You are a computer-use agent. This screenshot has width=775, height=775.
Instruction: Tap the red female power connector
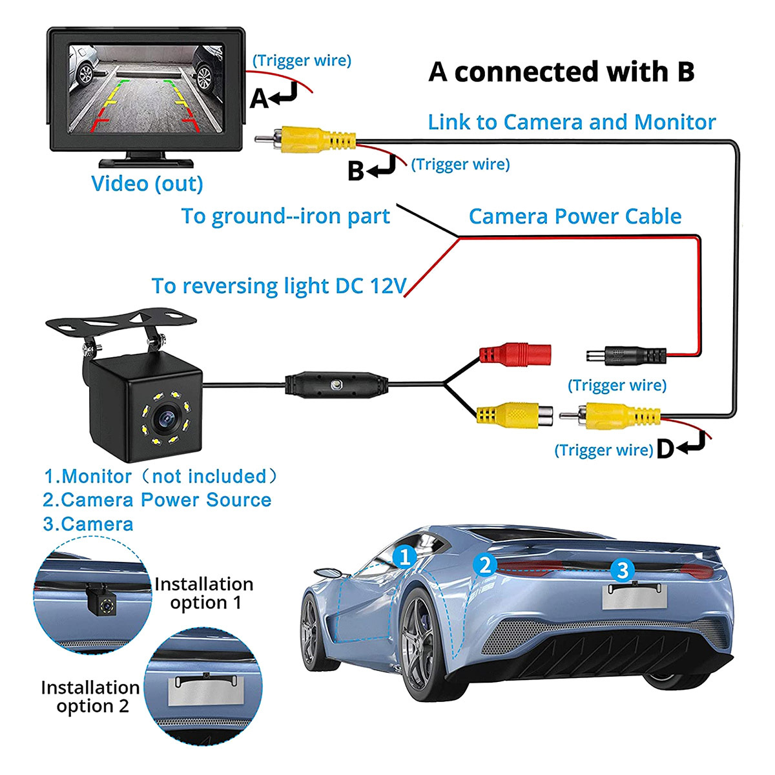click(x=514, y=353)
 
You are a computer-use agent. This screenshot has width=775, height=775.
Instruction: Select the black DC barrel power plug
click(x=625, y=355)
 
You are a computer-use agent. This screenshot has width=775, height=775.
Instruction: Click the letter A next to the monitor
click(x=259, y=98)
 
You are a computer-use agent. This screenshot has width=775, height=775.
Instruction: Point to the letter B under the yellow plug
click(x=355, y=171)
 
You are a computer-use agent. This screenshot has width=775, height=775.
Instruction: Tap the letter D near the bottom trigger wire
click(x=665, y=449)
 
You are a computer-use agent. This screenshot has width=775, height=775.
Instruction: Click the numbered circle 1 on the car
click(x=405, y=556)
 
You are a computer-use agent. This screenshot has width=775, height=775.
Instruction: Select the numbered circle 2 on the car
click(x=486, y=565)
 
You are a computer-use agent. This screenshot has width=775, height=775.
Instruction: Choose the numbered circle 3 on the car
click(x=622, y=570)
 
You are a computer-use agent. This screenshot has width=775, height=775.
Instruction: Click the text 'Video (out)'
click(x=147, y=183)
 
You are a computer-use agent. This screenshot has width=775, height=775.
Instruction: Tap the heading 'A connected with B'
click(x=561, y=72)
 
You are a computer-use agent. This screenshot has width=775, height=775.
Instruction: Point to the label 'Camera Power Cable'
click(x=575, y=216)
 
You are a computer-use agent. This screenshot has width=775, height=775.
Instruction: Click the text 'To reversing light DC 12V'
click(x=279, y=285)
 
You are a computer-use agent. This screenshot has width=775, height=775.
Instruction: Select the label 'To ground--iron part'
click(x=285, y=216)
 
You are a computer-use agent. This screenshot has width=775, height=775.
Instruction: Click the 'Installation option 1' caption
click(x=204, y=594)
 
